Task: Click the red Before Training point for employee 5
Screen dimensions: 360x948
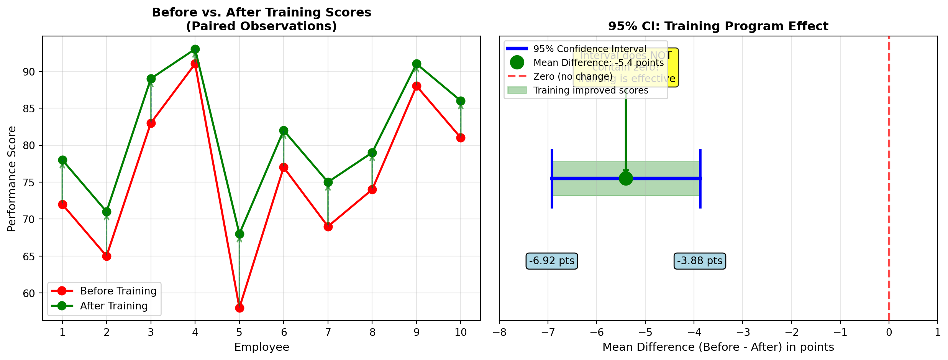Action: [x=239, y=308]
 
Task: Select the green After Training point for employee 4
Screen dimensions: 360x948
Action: [x=195, y=49]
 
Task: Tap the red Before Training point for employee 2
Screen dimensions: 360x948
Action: [x=107, y=256]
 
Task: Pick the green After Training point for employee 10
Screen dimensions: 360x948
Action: [x=461, y=101]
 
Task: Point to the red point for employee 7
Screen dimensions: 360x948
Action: [x=328, y=227]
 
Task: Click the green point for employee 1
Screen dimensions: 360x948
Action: [x=62, y=160]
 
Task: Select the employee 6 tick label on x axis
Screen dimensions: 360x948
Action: [x=284, y=332]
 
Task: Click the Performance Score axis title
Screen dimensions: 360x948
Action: [x=12, y=179]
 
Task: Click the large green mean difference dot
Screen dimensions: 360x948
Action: [x=626, y=178]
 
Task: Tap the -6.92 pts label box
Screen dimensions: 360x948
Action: [x=552, y=261]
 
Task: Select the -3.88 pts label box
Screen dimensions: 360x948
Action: [x=700, y=261]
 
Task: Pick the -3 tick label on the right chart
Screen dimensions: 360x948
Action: [x=743, y=332]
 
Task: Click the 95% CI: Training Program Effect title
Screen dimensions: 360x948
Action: [x=718, y=26]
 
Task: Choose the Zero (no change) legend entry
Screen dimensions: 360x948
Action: [x=573, y=77]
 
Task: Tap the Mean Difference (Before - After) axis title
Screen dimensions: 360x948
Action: [x=718, y=347]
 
